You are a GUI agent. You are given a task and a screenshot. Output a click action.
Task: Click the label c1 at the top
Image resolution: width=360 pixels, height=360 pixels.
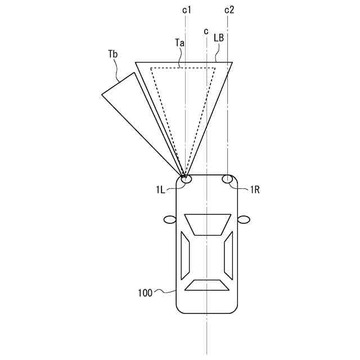coord(187,10)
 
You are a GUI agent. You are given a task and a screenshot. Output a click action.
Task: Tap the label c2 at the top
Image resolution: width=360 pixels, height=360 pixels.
coord(229,10)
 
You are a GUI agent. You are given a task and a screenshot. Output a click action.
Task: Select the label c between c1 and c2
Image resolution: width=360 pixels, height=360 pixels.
coord(206,31)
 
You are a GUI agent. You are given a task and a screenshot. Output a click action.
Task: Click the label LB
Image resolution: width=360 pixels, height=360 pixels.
coord(219,38)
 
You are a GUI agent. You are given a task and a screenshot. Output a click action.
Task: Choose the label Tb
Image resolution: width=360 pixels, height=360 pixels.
coord(113,54)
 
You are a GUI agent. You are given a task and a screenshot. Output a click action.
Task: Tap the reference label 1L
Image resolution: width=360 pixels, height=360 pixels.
coord(161,190)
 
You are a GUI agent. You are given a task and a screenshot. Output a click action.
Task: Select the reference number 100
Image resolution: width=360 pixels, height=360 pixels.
coord(145,292)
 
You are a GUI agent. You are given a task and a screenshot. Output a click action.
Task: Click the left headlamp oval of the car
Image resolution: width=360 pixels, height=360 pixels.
coord(186,179)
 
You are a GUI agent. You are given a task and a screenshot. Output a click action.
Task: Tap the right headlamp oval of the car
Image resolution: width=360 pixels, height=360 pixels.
coord(228,179)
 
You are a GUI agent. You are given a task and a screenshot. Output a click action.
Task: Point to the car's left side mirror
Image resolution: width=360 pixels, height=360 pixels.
coord(169,219)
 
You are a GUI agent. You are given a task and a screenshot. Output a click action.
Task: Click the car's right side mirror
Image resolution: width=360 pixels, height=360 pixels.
coord(244,219)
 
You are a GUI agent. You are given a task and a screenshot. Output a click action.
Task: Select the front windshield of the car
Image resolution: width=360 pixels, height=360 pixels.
coord(207,224)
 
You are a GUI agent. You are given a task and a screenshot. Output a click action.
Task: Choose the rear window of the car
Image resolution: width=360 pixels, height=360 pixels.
coord(207,285)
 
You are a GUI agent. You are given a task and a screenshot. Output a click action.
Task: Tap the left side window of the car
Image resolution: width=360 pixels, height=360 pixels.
coord(184,255)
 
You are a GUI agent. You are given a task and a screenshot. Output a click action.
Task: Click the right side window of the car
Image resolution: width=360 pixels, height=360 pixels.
coord(228,255)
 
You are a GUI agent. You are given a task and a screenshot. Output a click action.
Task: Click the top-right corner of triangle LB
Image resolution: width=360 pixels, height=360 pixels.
coord(232,62)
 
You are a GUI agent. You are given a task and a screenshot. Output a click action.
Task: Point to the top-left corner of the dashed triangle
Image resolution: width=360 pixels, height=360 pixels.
coord(151,69)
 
